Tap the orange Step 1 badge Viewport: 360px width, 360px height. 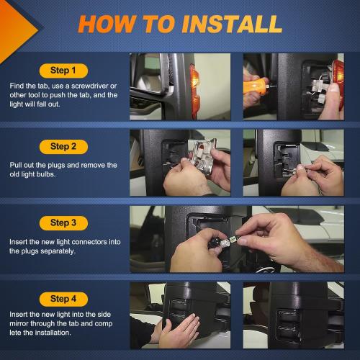click(x=63, y=71)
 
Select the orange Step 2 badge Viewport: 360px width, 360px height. click(x=63, y=146)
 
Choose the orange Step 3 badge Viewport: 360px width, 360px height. click(x=63, y=222)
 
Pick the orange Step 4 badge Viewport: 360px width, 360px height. click(x=63, y=298)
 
